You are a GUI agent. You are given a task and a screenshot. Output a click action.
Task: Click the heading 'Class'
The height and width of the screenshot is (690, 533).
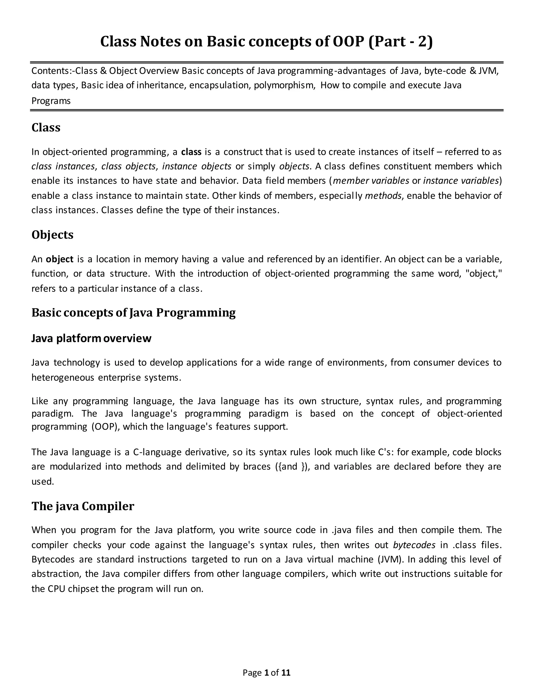point(46,128)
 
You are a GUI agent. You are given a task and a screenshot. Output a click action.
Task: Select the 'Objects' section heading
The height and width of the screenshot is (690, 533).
point(52,235)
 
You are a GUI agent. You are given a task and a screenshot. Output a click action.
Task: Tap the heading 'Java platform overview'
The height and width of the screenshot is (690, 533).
point(91,338)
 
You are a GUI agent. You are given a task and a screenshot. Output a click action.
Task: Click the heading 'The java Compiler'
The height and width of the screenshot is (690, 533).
point(83,506)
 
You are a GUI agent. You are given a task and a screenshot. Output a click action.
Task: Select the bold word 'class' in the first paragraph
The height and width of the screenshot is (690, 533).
point(191,152)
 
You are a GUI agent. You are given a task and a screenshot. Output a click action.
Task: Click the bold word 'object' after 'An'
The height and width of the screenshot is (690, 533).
point(60,259)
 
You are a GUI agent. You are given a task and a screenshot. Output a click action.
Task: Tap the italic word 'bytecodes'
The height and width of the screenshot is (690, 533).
point(414,545)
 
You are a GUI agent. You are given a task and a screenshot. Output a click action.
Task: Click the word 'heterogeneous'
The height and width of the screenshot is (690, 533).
point(63,378)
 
